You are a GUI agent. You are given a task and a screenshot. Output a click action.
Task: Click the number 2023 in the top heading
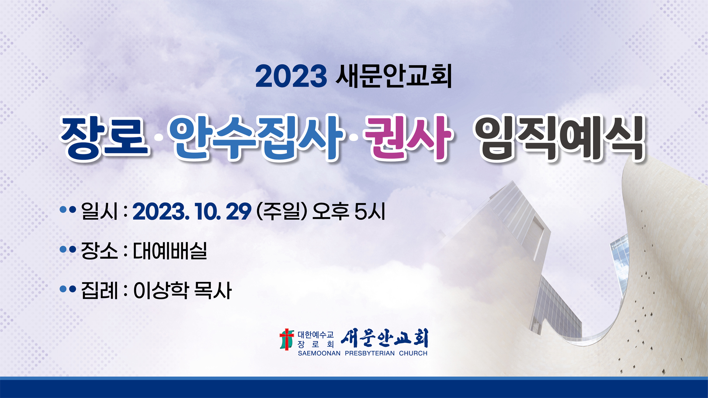[291, 76]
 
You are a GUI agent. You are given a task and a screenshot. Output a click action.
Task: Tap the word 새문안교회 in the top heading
[394, 76]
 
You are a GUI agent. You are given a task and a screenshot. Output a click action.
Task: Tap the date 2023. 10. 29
[192, 212]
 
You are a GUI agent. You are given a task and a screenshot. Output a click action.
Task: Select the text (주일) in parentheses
[282, 211]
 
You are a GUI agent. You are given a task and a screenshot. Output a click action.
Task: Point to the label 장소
[99, 251]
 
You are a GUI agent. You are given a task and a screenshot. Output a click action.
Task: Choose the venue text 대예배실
[170, 251]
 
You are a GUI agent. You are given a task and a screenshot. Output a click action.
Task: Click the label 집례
[99, 290]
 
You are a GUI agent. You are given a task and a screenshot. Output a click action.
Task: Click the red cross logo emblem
[287, 339]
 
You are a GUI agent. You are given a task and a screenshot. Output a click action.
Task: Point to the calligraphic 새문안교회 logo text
[385, 338]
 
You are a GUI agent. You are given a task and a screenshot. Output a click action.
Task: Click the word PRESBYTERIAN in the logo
[369, 353]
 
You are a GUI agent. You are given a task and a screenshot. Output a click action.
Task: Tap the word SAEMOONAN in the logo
[319, 353]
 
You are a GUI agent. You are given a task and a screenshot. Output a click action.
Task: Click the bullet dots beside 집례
[67, 289]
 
